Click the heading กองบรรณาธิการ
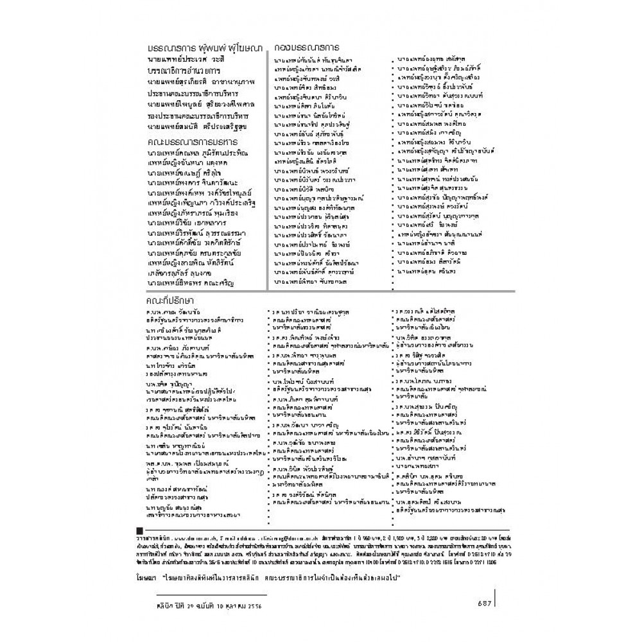[306, 48]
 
